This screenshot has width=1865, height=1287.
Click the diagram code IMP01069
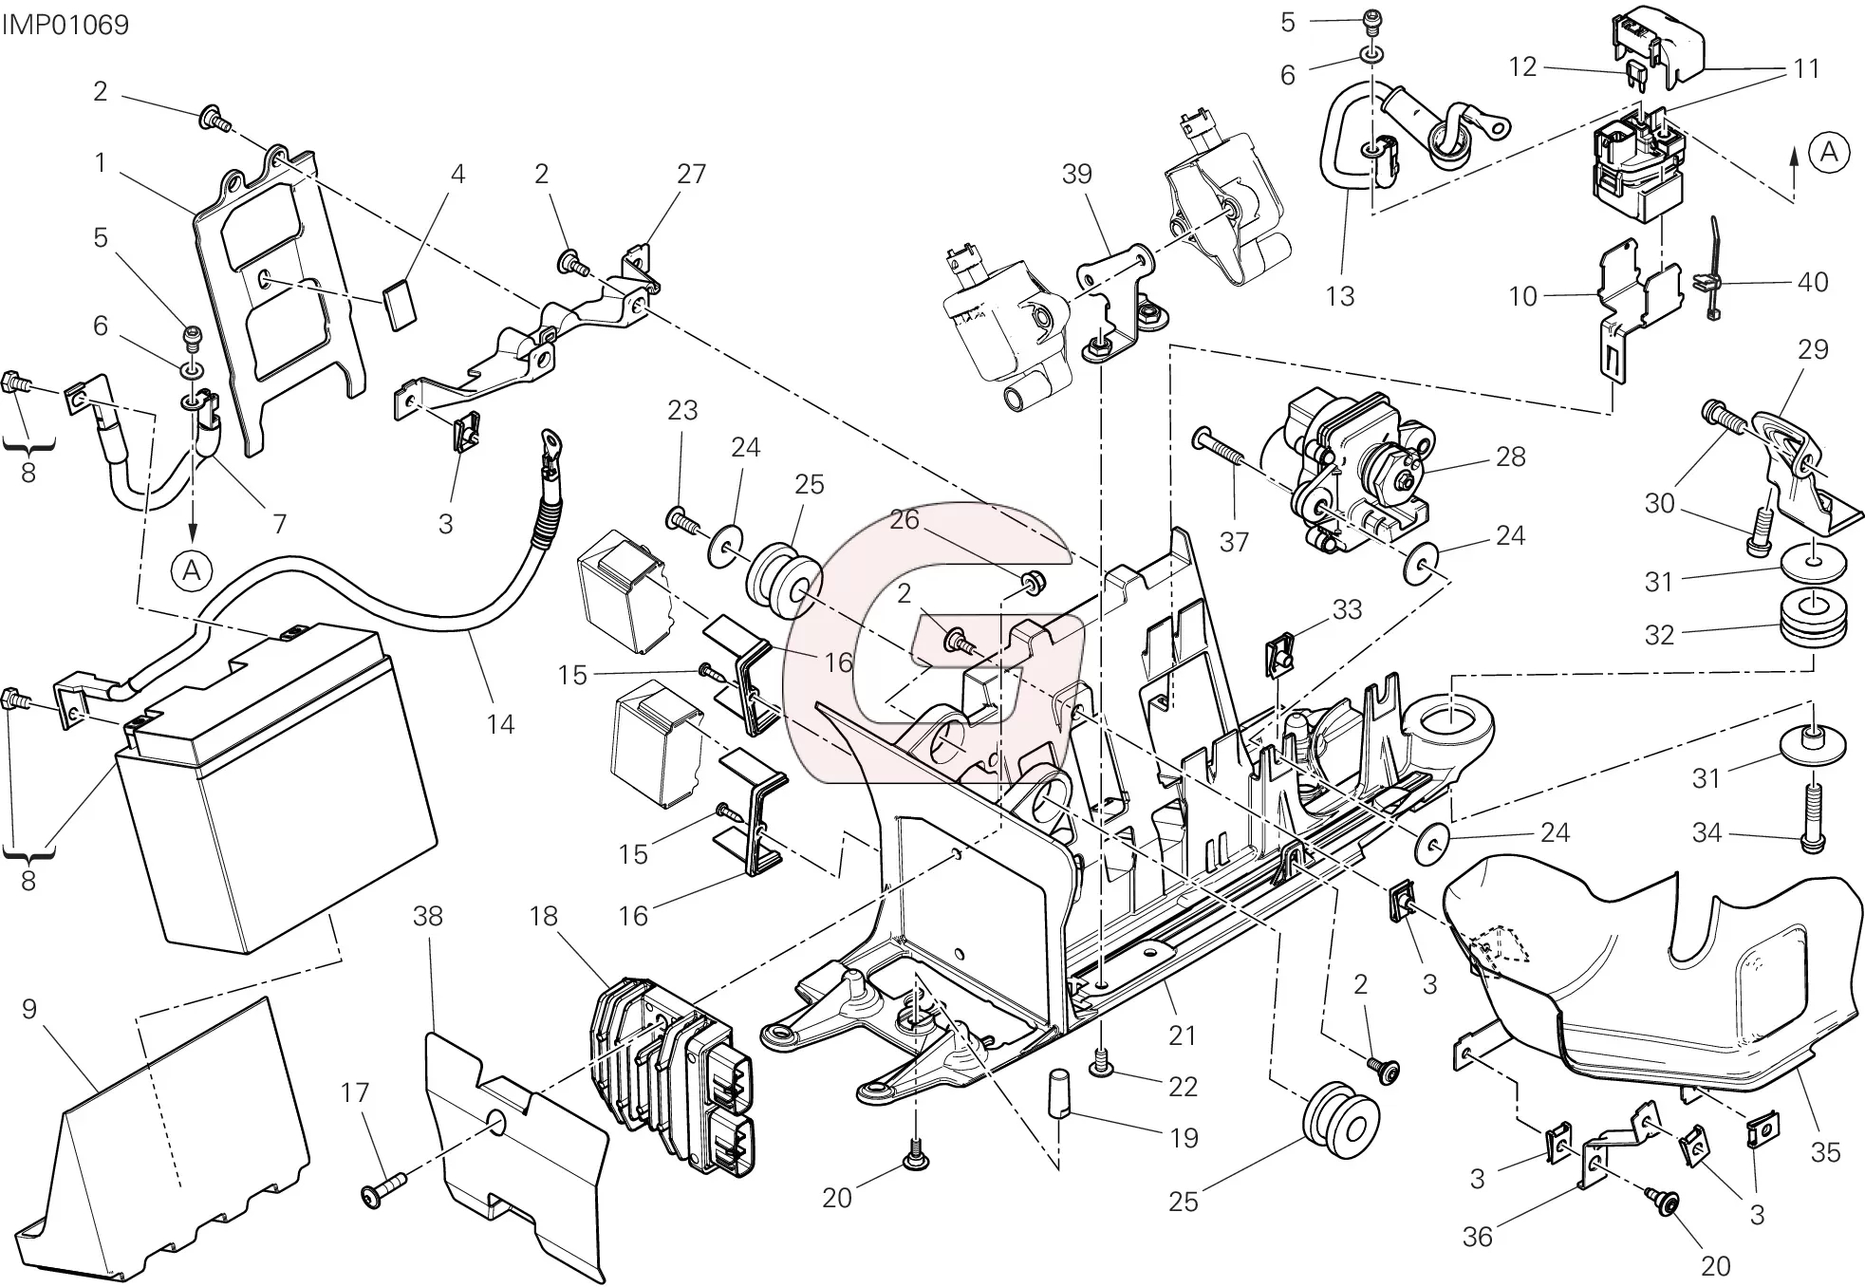point(65,24)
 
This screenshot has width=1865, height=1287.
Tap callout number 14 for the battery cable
point(500,725)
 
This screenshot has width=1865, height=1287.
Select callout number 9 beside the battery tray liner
point(28,1009)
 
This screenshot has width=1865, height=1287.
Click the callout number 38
point(429,917)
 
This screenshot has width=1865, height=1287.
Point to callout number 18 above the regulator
point(544,917)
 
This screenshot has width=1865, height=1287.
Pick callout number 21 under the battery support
point(1182,1035)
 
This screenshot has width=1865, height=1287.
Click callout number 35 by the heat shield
point(1825,1152)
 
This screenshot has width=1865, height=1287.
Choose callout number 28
point(1510,457)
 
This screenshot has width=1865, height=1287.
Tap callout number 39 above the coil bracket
point(1077,174)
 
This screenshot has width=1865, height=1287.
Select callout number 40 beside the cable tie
point(1813,282)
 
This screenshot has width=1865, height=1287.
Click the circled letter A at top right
point(1830,152)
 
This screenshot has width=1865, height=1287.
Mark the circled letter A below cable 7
point(192,569)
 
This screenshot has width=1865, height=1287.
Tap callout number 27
point(692,174)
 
